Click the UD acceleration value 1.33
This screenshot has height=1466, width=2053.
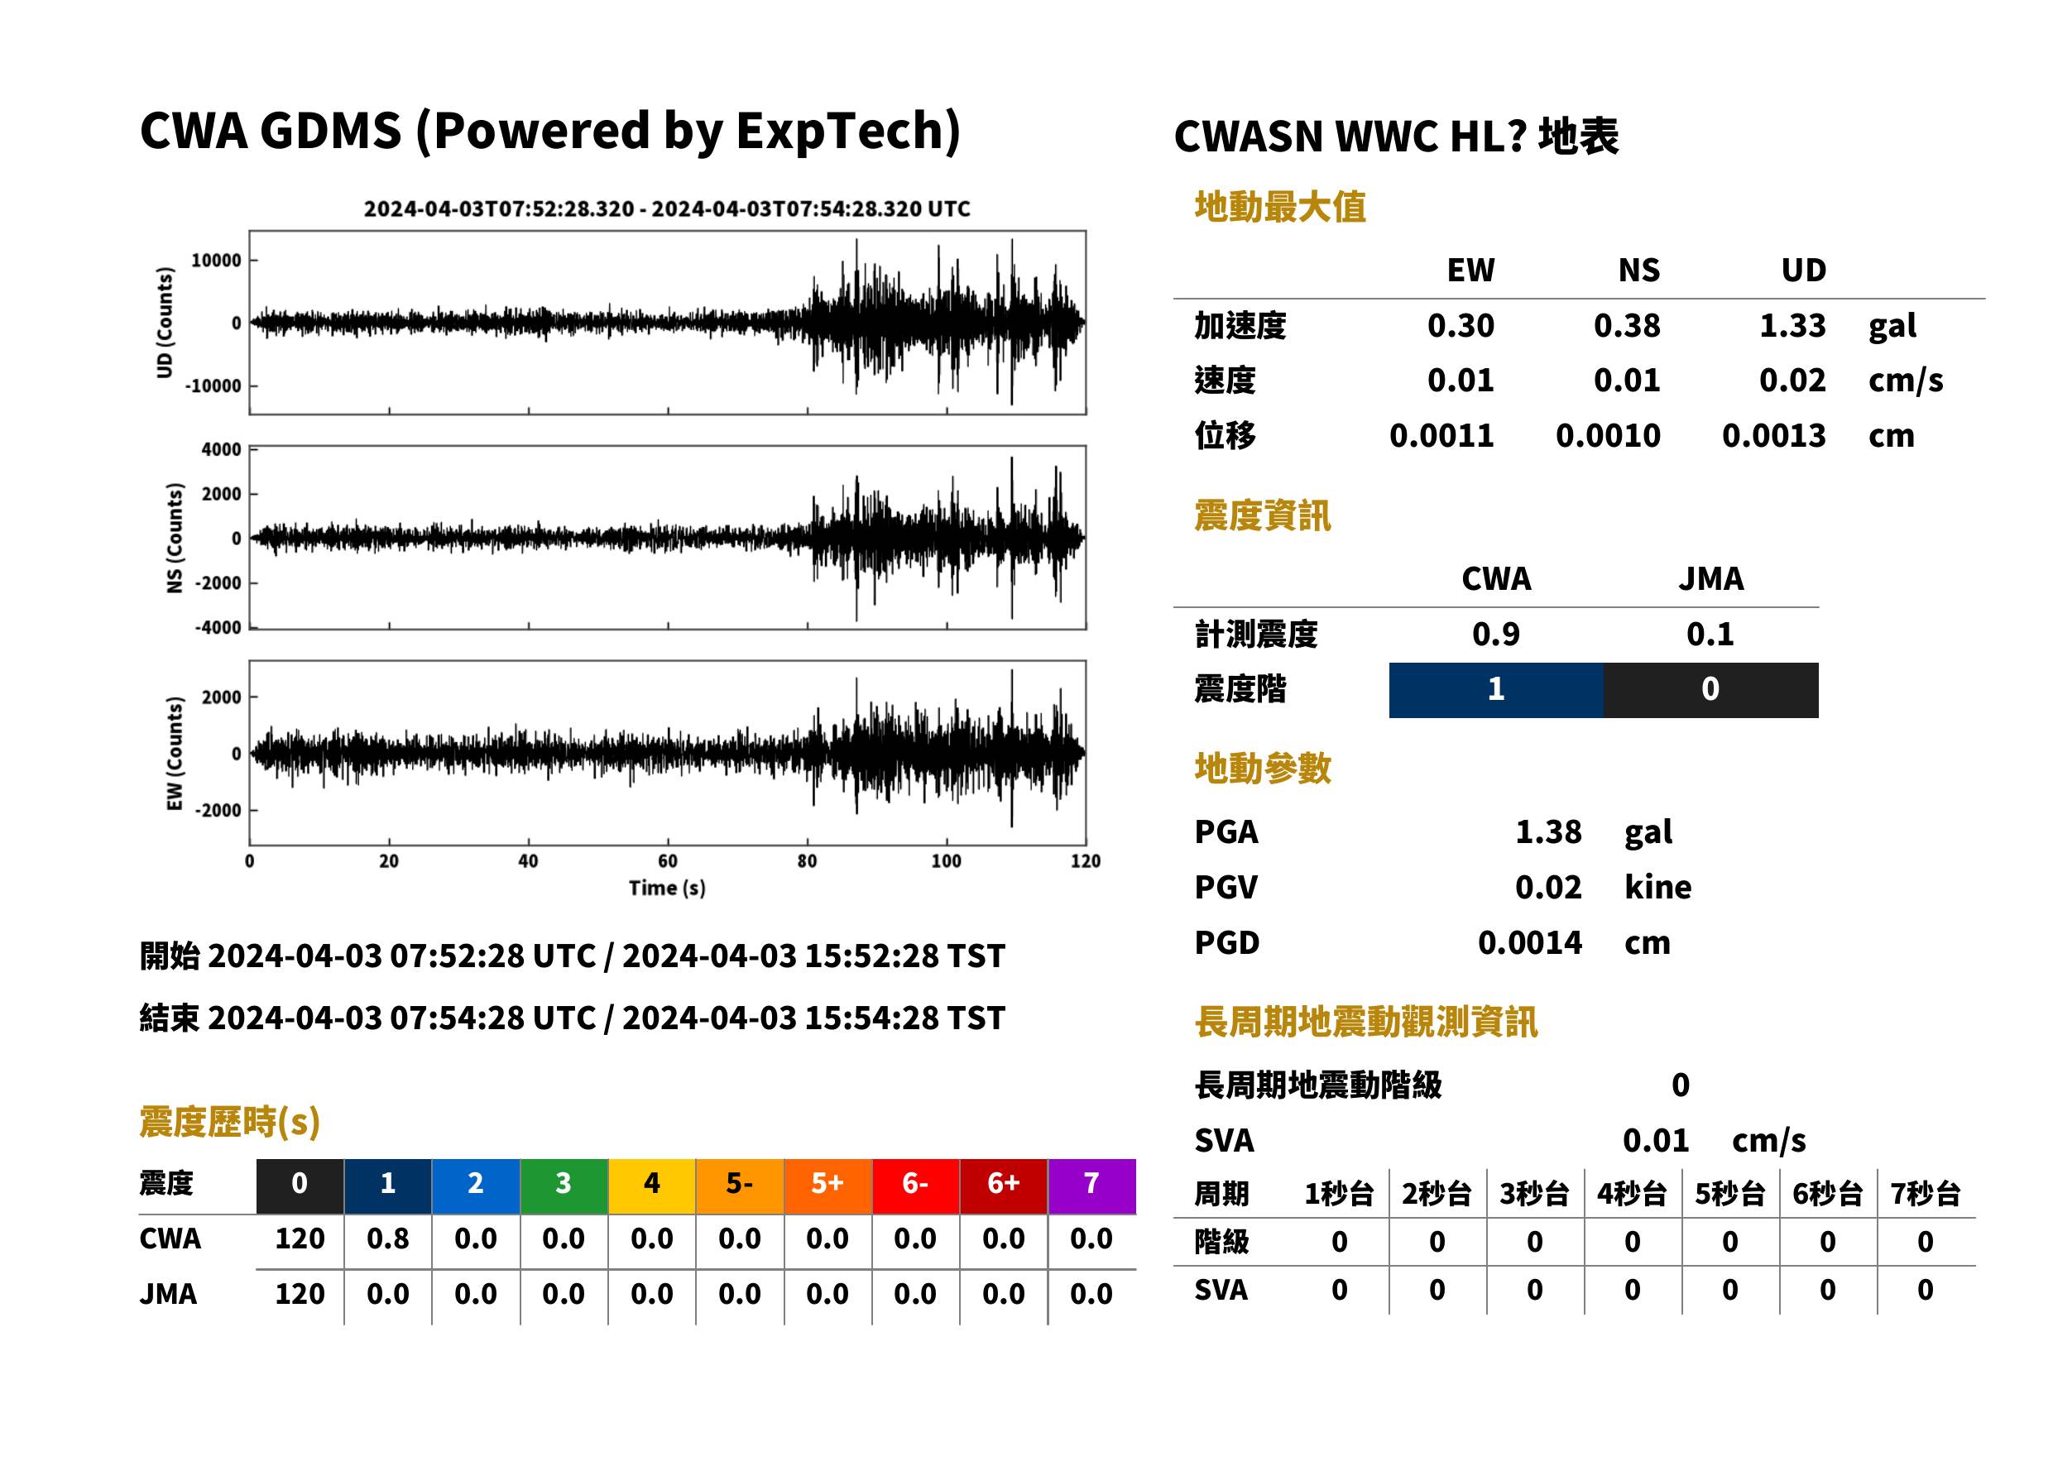coord(1792,325)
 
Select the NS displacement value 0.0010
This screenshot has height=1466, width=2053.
coord(1608,435)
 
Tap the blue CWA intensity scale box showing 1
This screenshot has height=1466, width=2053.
coord(1496,690)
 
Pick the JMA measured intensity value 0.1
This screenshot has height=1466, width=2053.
coord(1710,634)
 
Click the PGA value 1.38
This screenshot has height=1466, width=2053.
coord(1548,831)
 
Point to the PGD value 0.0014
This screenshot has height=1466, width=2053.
coord(1530,942)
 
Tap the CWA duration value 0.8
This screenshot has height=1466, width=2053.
coord(387,1238)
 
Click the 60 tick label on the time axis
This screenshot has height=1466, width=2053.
coord(667,861)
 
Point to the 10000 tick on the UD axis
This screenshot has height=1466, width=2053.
coord(217,261)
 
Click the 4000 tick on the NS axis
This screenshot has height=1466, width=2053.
coord(221,449)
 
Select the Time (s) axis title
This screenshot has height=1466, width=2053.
coord(667,889)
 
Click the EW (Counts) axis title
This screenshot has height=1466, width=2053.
coord(175,754)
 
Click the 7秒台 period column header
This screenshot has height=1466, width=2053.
coord(1925,1195)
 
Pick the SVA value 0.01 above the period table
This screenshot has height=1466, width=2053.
coord(1656,1140)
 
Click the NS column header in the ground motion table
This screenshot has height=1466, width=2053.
coord(1638,270)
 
